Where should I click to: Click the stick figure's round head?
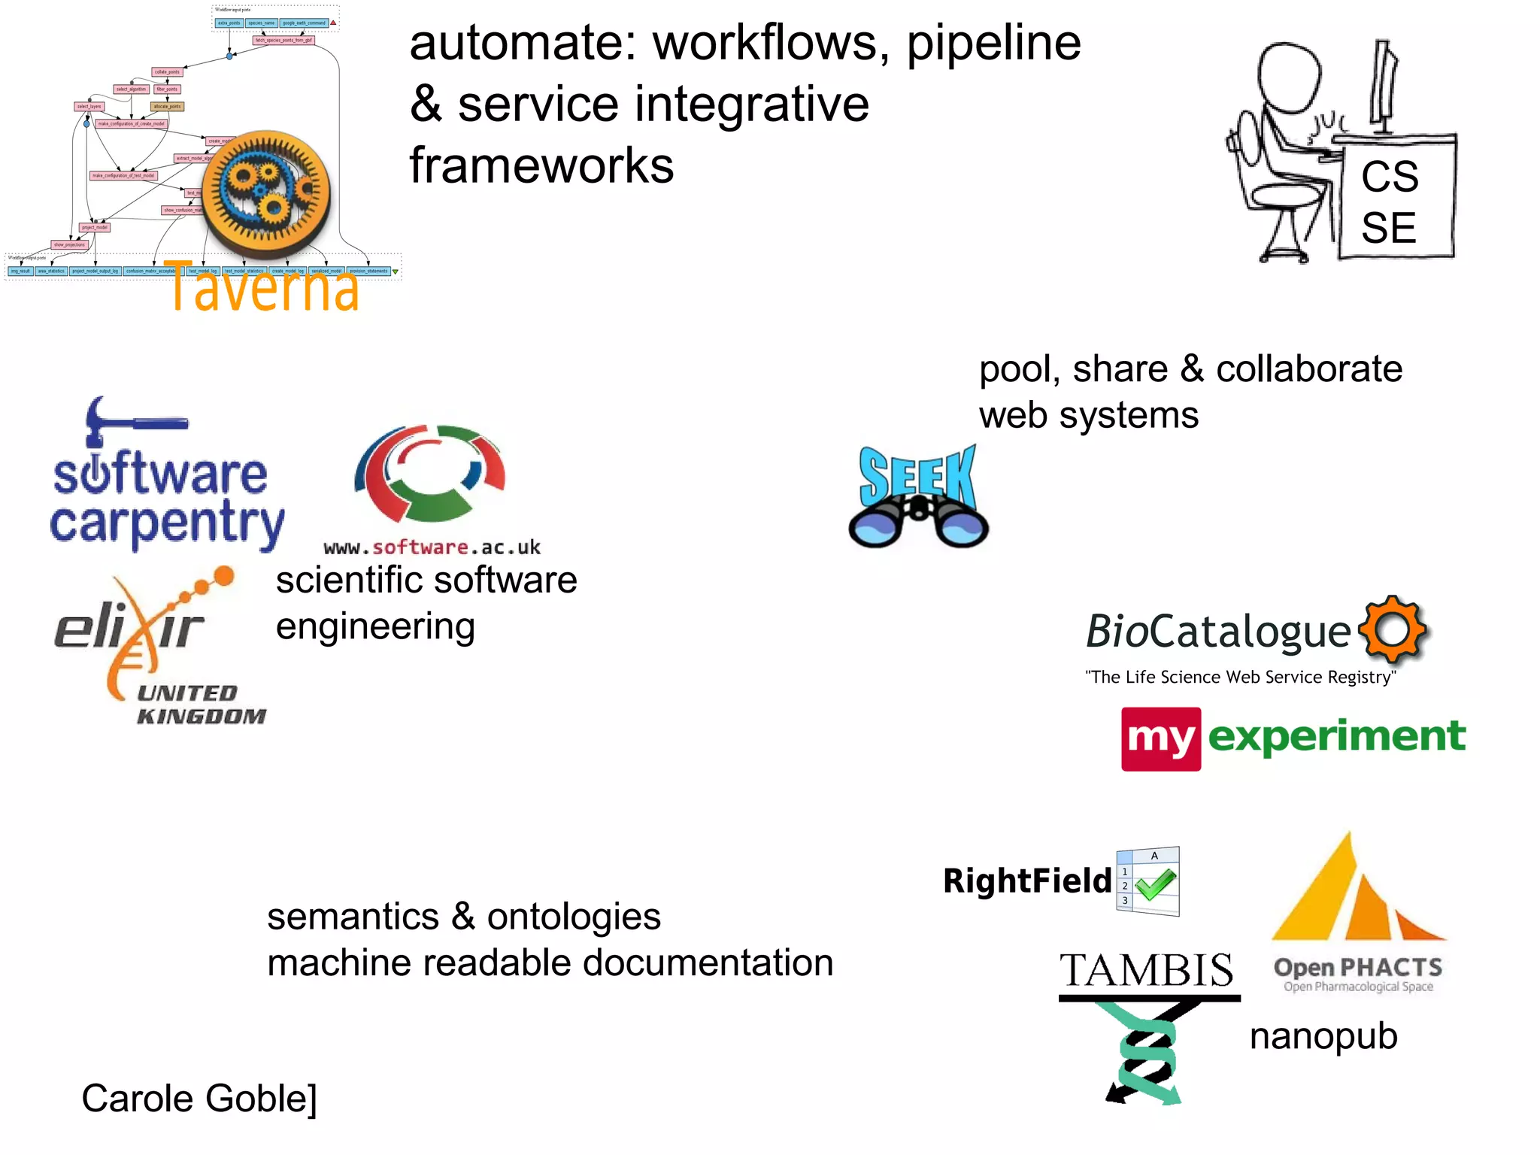1289,74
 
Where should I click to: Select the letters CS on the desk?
1389,177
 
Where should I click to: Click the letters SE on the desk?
1388,229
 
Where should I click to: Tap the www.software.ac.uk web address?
432,547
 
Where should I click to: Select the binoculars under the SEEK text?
917,523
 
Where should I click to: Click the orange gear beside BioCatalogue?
1392,629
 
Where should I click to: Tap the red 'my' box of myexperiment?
1160,738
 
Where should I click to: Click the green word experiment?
1336,736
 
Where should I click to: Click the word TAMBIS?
1147,970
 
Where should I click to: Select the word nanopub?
1323,1036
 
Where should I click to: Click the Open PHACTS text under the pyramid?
1357,968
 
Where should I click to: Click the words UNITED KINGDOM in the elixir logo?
200,705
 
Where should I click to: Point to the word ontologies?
574,917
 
